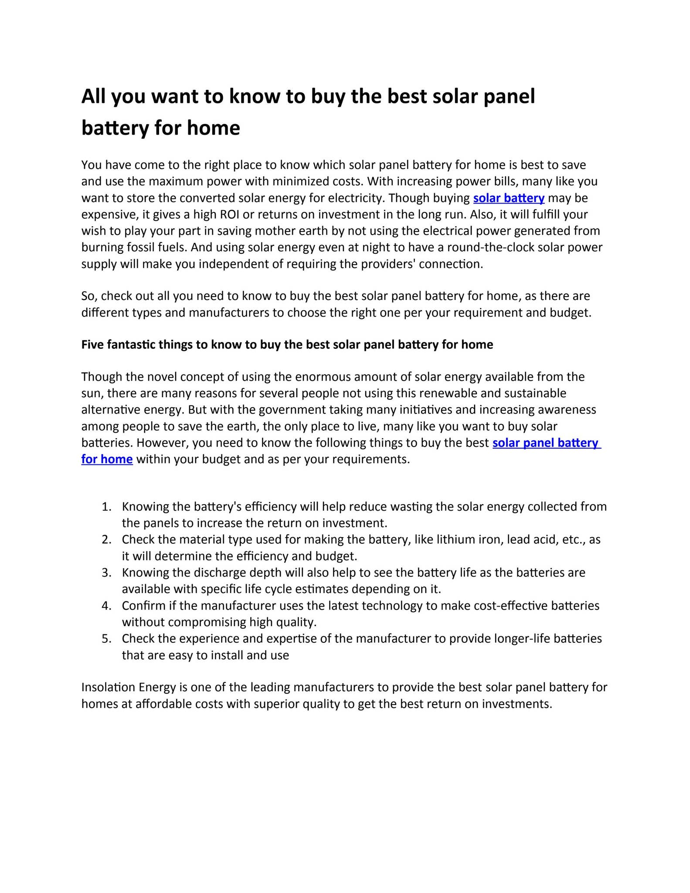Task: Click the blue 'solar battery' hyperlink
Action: [x=508, y=198]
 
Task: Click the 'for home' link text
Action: [x=107, y=459]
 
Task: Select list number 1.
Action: [x=106, y=507]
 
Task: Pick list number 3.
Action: [x=106, y=573]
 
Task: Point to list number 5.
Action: [x=106, y=639]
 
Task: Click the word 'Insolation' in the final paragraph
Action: [x=108, y=688]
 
